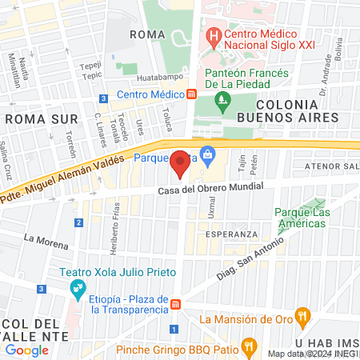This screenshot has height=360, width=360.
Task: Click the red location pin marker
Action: [181, 163]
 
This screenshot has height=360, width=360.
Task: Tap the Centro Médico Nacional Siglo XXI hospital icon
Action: [214, 36]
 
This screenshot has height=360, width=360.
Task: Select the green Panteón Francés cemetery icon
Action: [222, 101]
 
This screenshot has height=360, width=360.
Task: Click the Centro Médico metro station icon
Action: [192, 94]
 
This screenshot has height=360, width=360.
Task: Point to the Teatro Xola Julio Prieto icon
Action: [78, 288]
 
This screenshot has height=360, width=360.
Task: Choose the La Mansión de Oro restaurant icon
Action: [302, 315]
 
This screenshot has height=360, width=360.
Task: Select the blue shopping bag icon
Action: [208, 153]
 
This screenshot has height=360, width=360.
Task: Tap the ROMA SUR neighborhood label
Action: [29, 118]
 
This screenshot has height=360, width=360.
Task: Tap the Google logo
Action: [26, 350]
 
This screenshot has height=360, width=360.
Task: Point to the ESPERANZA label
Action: [231, 234]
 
